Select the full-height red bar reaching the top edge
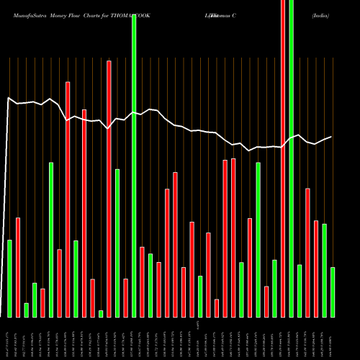[283, 158]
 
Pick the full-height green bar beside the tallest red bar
[291, 158]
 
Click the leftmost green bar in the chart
[10, 278]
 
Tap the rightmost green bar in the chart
[333, 292]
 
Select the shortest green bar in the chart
[101, 313]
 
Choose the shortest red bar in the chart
[217, 308]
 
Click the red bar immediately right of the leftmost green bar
[18, 267]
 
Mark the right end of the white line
[331, 137]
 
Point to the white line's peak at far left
[8, 98]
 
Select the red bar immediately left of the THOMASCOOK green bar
[125, 297]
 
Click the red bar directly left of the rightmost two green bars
[316, 269]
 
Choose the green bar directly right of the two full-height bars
[300, 291]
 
